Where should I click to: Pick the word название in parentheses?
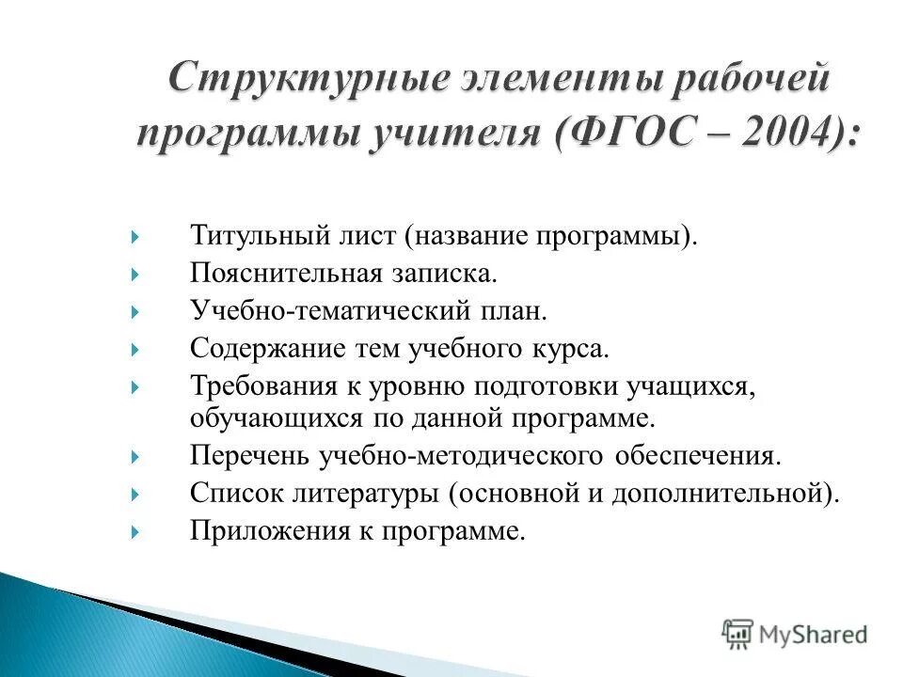pyautogui.click(x=468, y=233)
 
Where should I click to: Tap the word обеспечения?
pyautogui.click(x=697, y=456)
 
